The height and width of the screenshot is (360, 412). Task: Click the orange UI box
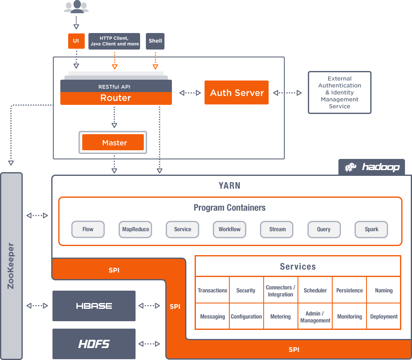[x=76, y=41]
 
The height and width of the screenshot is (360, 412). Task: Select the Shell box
[x=155, y=41]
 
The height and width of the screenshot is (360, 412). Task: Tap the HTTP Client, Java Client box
[x=114, y=41]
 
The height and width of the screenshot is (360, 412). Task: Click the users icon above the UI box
[x=76, y=7]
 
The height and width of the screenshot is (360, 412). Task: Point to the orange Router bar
[x=116, y=98]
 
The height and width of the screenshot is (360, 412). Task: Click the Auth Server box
[x=236, y=92]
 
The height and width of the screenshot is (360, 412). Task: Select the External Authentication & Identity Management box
[x=340, y=92]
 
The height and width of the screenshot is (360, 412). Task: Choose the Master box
[x=113, y=143]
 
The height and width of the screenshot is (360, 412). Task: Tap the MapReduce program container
[x=135, y=230]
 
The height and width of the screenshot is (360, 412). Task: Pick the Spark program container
[x=371, y=230]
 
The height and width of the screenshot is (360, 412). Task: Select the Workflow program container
[x=229, y=230]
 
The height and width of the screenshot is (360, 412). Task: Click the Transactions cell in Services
[x=212, y=291]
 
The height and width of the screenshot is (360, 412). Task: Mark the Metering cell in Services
[x=281, y=317]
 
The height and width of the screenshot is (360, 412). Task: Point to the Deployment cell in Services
[x=384, y=317]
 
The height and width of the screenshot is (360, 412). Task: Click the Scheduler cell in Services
[x=315, y=291]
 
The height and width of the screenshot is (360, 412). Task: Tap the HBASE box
[x=94, y=306]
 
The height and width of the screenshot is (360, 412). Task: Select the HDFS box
[x=94, y=343]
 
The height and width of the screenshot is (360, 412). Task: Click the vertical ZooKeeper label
[x=11, y=266]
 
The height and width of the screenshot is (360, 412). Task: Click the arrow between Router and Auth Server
[x=190, y=93]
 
